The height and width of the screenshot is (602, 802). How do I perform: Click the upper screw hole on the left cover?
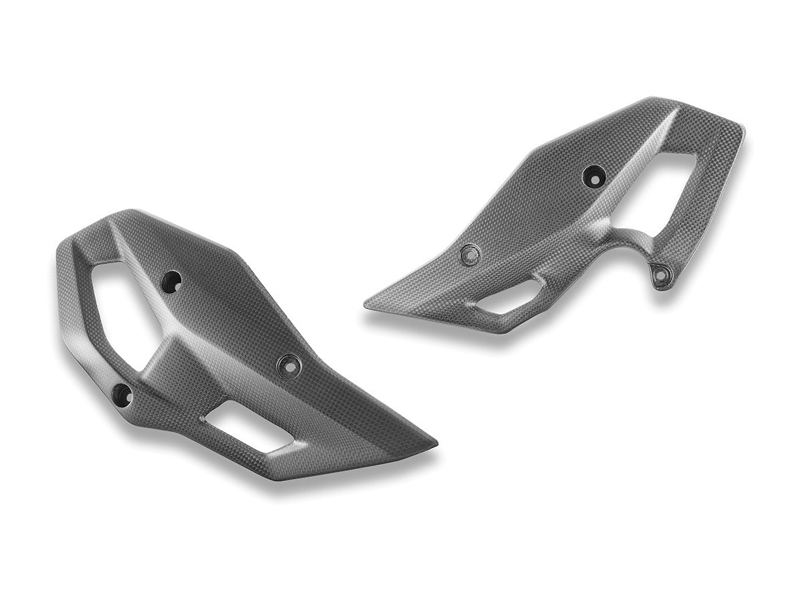click(173, 280)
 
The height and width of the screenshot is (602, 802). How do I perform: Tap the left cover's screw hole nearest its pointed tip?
click(289, 363)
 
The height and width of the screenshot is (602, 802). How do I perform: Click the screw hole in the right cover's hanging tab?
click(662, 274)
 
